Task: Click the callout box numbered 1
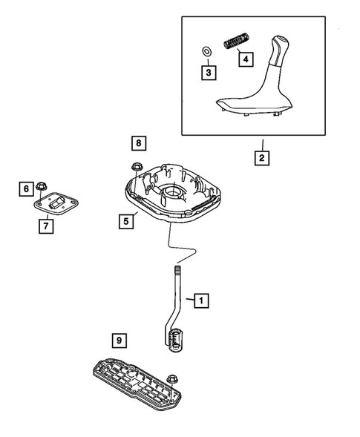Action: [x=199, y=300]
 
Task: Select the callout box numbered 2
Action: [x=261, y=157]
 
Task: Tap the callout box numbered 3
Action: [x=210, y=72]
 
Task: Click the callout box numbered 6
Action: [x=26, y=190]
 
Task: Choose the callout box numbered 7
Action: [x=45, y=226]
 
